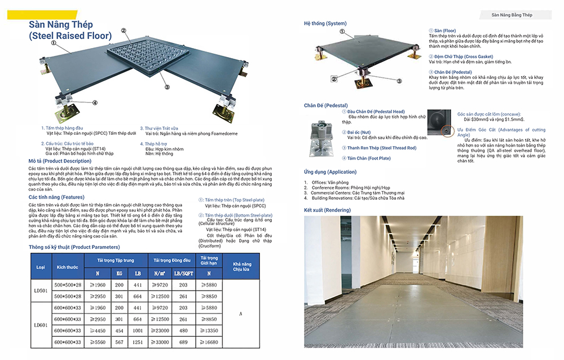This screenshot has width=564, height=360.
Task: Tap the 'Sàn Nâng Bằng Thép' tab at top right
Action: [512, 15]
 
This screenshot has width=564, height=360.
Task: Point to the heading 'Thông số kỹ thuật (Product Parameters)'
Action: [74, 247]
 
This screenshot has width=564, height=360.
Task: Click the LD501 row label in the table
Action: [41, 291]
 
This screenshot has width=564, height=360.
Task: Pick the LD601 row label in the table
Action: [41, 325]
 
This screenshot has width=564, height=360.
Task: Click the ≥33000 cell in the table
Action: [163, 342]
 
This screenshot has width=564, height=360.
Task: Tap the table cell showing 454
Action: [119, 330]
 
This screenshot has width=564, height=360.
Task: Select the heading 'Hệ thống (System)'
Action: [325, 24]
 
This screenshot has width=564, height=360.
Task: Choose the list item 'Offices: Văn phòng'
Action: [331, 182]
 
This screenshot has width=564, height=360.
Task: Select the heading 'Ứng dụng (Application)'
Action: [330, 172]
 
